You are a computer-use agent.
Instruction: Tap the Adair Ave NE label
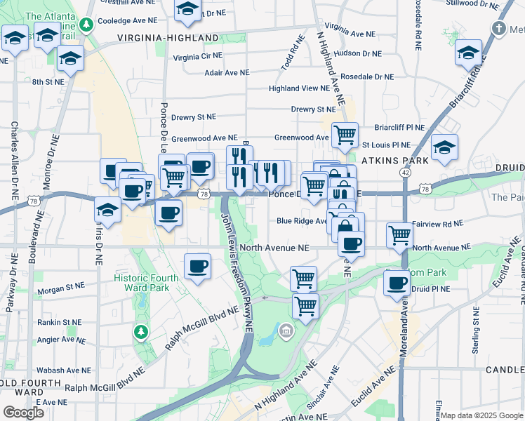(226, 72)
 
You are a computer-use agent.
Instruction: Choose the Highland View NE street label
(299, 88)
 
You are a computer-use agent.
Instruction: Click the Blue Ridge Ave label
(303, 221)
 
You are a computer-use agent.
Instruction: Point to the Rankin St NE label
(61, 323)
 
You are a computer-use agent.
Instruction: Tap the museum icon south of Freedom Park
(286, 330)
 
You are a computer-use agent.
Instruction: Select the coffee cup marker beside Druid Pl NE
(397, 283)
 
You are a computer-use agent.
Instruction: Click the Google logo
(23, 413)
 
